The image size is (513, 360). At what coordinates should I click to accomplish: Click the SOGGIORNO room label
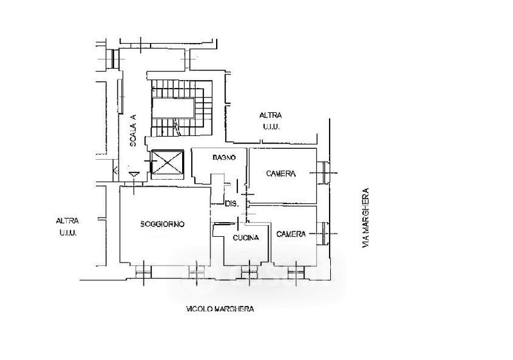162,224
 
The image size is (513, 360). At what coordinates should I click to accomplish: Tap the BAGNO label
224,157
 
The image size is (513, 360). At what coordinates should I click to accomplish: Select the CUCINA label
246,237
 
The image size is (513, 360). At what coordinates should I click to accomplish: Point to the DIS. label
232,203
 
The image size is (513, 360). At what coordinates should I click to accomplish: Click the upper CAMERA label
281,174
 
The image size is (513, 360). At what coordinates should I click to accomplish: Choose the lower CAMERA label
291,234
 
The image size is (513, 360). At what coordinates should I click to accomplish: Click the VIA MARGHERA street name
366,218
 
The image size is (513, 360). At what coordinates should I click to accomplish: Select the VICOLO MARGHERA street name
220,309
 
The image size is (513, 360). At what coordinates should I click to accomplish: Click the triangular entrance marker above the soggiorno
134,175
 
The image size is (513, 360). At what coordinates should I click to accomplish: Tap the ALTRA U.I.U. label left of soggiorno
67,227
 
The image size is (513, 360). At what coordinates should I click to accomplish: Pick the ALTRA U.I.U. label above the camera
271,121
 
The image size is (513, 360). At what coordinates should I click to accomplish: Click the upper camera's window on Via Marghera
324,173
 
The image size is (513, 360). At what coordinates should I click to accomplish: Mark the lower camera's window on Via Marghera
324,234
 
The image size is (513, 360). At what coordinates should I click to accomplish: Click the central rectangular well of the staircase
174,108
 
